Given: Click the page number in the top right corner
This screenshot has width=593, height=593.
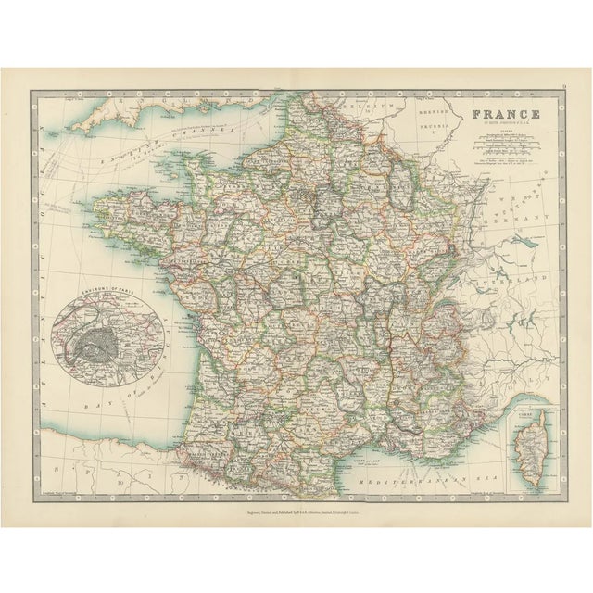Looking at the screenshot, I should point(564,90).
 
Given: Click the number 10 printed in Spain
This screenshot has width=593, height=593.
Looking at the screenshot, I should point(120,483).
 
